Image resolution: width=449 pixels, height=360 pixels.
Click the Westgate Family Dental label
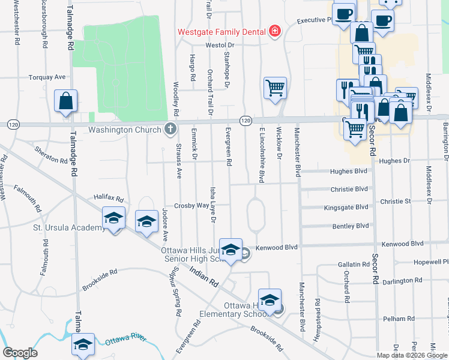(221, 31)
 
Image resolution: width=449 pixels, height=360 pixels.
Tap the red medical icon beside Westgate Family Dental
(275, 31)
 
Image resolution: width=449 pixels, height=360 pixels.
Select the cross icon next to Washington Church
(170, 129)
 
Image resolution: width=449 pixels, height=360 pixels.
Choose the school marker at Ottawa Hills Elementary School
(270, 299)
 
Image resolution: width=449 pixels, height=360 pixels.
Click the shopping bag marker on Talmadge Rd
(66, 101)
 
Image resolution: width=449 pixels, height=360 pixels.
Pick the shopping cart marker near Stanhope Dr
(275, 88)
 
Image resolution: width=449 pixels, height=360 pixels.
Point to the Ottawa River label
(125, 340)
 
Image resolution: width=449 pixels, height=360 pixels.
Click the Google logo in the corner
(20, 353)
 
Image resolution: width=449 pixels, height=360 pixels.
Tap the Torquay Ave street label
(47, 77)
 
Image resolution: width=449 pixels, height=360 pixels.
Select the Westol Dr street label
(219, 45)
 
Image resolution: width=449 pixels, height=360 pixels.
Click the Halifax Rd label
(108, 197)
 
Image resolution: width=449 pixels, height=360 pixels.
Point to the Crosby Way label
(191, 205)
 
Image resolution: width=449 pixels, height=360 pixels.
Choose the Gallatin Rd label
(353, 264)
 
